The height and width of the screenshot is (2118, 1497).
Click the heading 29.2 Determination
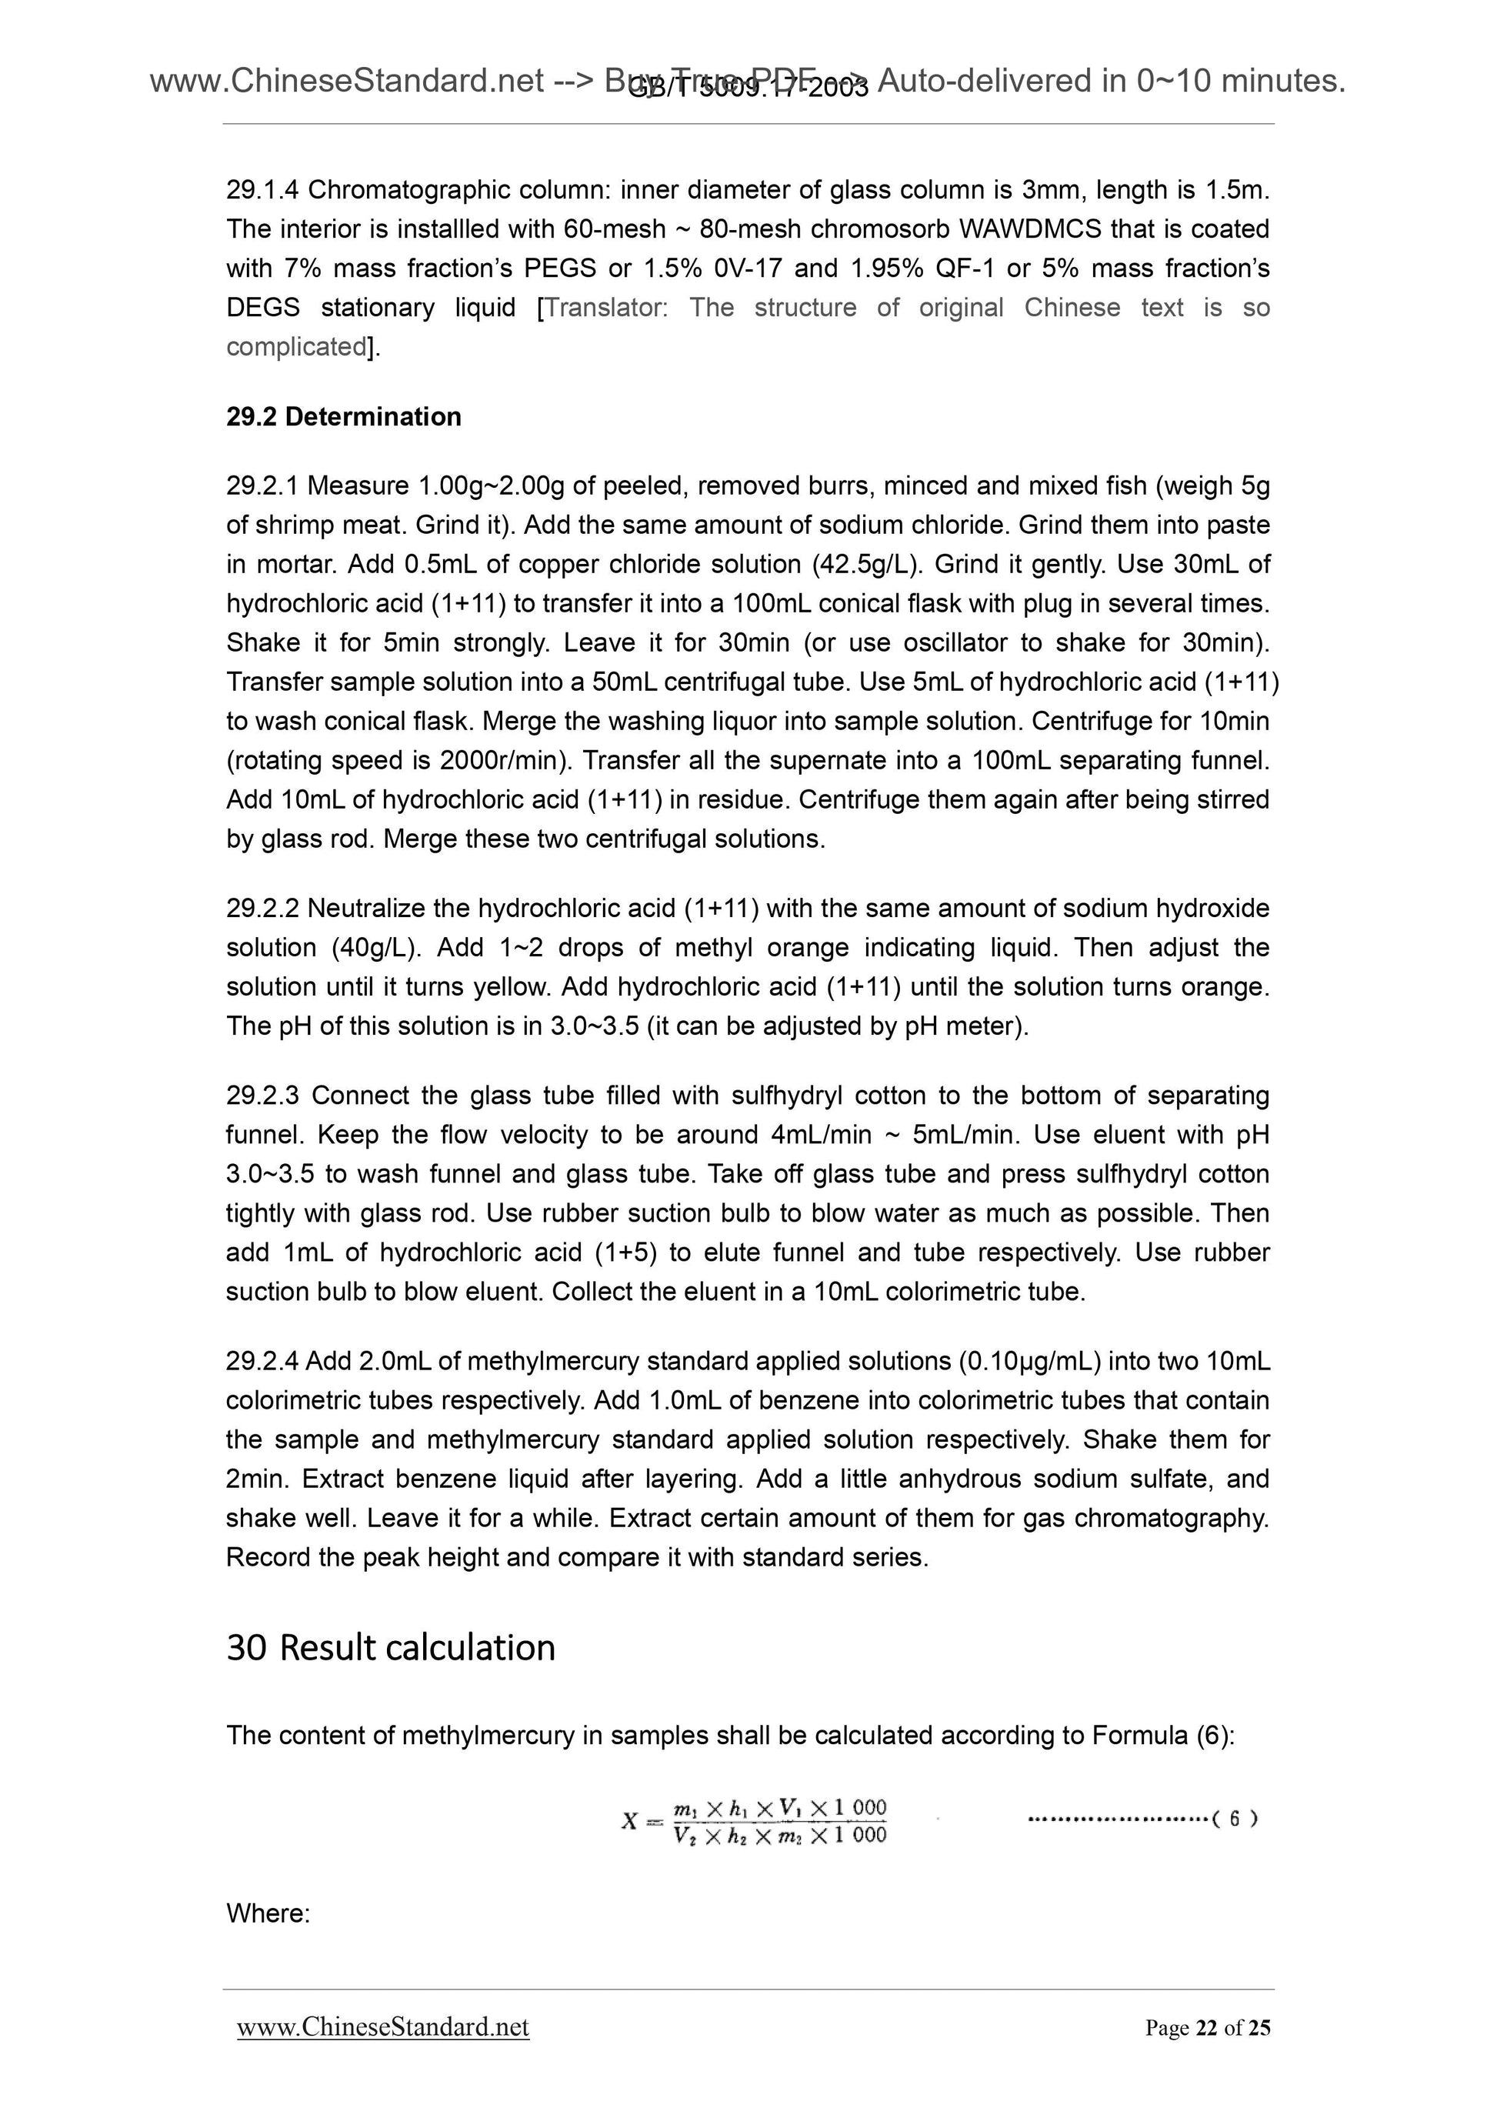click(343, 417)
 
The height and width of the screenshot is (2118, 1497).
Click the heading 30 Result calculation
click(390, 1647)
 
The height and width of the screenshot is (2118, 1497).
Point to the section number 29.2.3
click(262, 1096)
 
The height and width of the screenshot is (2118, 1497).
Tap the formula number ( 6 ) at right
click(1234, 1820)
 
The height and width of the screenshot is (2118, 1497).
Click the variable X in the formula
click(629, 1821)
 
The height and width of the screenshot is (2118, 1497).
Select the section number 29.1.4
click(262, 190)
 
